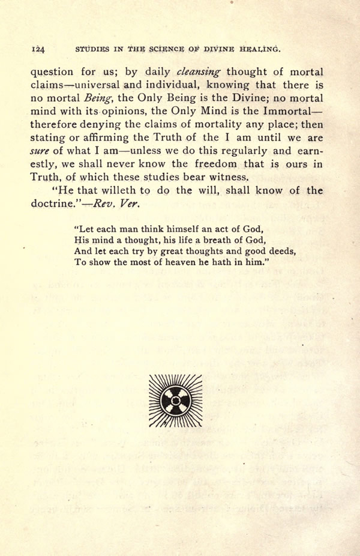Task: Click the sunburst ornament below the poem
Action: coord(175,400)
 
